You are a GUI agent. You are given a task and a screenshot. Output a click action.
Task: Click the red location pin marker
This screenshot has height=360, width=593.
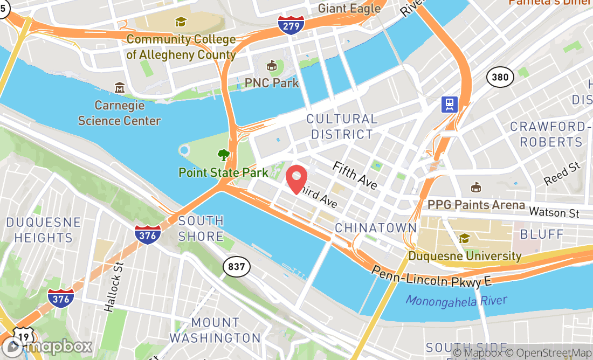[x=296, y=179]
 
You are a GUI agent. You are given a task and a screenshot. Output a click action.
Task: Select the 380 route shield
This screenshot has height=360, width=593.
[x=500, y=77]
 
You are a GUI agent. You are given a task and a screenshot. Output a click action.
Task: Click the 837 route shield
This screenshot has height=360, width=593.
[x=237, y=266]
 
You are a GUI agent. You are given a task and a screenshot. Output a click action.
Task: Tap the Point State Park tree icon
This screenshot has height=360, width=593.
[x=223, y=156]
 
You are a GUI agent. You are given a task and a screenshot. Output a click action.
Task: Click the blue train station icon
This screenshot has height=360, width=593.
[x=449, y=104]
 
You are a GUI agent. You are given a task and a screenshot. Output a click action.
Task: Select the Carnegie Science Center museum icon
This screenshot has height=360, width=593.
[x=120, y=87]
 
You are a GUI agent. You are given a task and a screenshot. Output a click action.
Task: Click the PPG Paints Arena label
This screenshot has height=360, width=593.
[x=476, y=205]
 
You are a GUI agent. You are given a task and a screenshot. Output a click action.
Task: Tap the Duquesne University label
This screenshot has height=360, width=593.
[x=465, y=256]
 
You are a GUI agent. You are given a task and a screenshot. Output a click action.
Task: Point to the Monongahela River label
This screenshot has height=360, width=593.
[x=456, y=300]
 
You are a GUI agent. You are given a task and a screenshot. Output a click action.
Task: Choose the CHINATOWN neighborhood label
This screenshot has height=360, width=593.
[x=376, y=228]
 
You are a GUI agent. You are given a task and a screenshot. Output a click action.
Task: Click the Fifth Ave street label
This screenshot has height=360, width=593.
[x=355, y=175]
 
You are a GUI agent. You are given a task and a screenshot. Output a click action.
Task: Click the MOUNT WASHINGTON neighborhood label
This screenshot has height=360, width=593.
[x=215, y=330]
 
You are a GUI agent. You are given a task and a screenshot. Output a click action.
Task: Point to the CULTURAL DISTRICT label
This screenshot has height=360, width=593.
[x=342, y=127]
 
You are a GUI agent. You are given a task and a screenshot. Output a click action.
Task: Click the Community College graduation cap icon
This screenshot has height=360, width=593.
[x=180, y=22]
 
